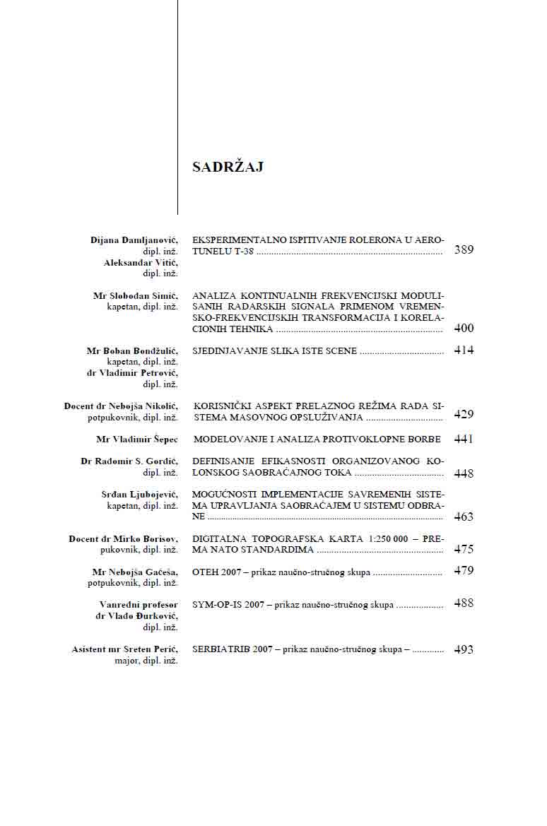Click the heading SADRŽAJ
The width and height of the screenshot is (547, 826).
click(x=228, y=167)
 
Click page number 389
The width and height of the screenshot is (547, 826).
click(x=464, y=250)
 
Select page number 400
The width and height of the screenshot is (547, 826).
click(x=464, y=329)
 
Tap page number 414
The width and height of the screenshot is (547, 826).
click(x=464, y=350)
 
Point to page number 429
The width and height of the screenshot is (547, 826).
click(x=464, y=415)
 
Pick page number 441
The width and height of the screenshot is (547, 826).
click(x=464, y=439)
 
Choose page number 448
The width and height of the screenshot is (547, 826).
click(x=464, y=473)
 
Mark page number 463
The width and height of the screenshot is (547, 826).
click(x=464, y=517)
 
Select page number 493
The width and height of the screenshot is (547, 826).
click(x=464, y=650)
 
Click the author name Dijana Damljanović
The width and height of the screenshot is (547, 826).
click(x=134, y=240)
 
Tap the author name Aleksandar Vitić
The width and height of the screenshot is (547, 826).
click(x=141, y=262)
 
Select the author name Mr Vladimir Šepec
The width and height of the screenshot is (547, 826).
click(x=137, y=439)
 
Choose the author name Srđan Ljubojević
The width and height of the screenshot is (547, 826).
click(x=140, y=494)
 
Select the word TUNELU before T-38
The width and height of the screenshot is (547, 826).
click(x=210, y=252)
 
